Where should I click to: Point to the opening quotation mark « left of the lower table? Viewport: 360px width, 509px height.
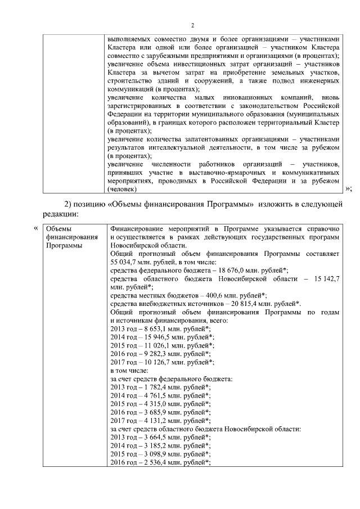click(x=37, y=228)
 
